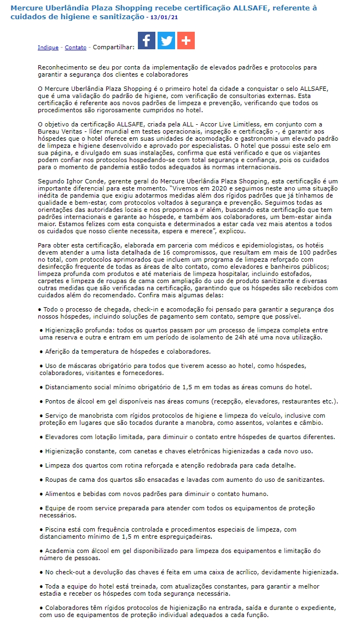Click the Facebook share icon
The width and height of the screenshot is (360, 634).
[x=146, y=41]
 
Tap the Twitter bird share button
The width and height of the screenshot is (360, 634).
[x=166, y=41]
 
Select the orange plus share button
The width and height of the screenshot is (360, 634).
[x=186, y=41]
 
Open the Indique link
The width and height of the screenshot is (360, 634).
[x=48, y=48]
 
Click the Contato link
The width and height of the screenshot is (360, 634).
[x=76, y=48]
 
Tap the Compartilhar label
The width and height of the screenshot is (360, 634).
[x=113, y=48]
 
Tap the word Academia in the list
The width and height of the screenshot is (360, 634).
[x=59, y=551]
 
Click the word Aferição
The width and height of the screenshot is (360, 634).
[x=59, y=351]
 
